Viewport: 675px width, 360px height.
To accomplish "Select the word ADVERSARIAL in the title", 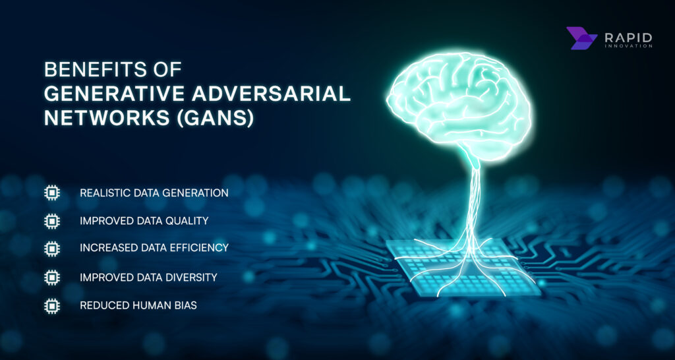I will point(264,94).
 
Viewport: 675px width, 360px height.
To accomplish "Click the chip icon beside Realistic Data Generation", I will point(51,193).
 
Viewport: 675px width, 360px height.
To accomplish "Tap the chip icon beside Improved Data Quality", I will point(51,221).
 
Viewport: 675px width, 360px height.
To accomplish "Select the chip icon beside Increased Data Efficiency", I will point(51,249).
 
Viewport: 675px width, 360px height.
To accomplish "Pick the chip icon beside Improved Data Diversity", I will point(51,278).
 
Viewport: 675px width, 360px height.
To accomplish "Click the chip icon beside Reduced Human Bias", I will point(51,306).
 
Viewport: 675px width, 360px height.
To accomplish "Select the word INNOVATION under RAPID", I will point(628,46).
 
